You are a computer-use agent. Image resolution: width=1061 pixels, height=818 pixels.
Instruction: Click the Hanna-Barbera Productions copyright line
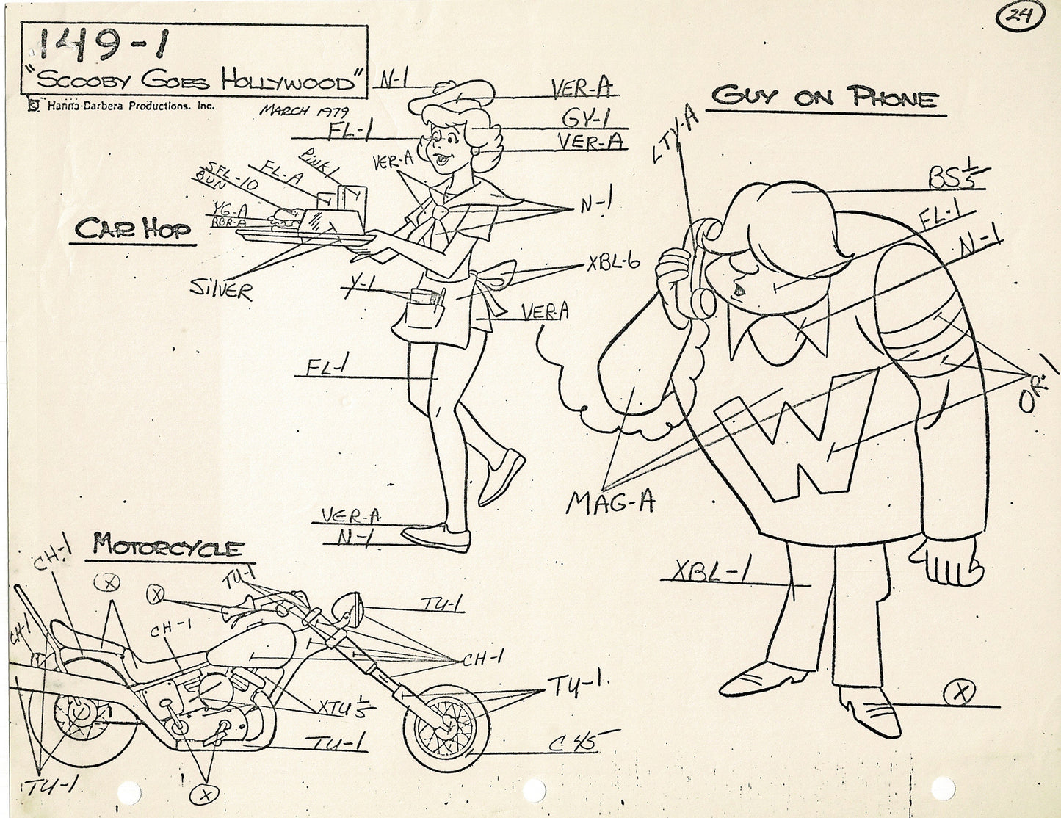121,106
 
